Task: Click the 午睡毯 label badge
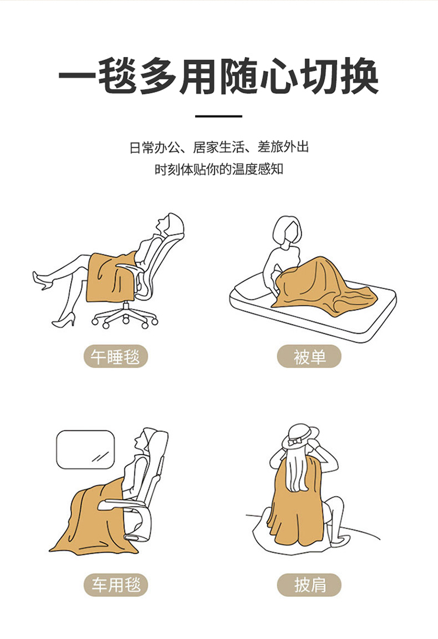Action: [x=116, y=357]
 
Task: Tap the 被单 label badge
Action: [x=309, y=357]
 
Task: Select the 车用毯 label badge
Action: [x=116, y=585]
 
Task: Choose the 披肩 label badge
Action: [x=309, y=585]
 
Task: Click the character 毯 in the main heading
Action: [x=118, y=76]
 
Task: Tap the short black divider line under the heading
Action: [x=218, y=116]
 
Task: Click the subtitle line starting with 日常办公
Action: [x=219, y=147]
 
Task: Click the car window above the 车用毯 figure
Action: [x=85, y=449]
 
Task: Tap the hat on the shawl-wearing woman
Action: [x=301, y=437]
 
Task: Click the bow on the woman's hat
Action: [x=294, y=441]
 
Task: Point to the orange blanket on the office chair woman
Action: [x=110, y=276]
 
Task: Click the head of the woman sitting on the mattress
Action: [x=288, y=231]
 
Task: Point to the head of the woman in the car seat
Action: [x=146, y=441]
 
